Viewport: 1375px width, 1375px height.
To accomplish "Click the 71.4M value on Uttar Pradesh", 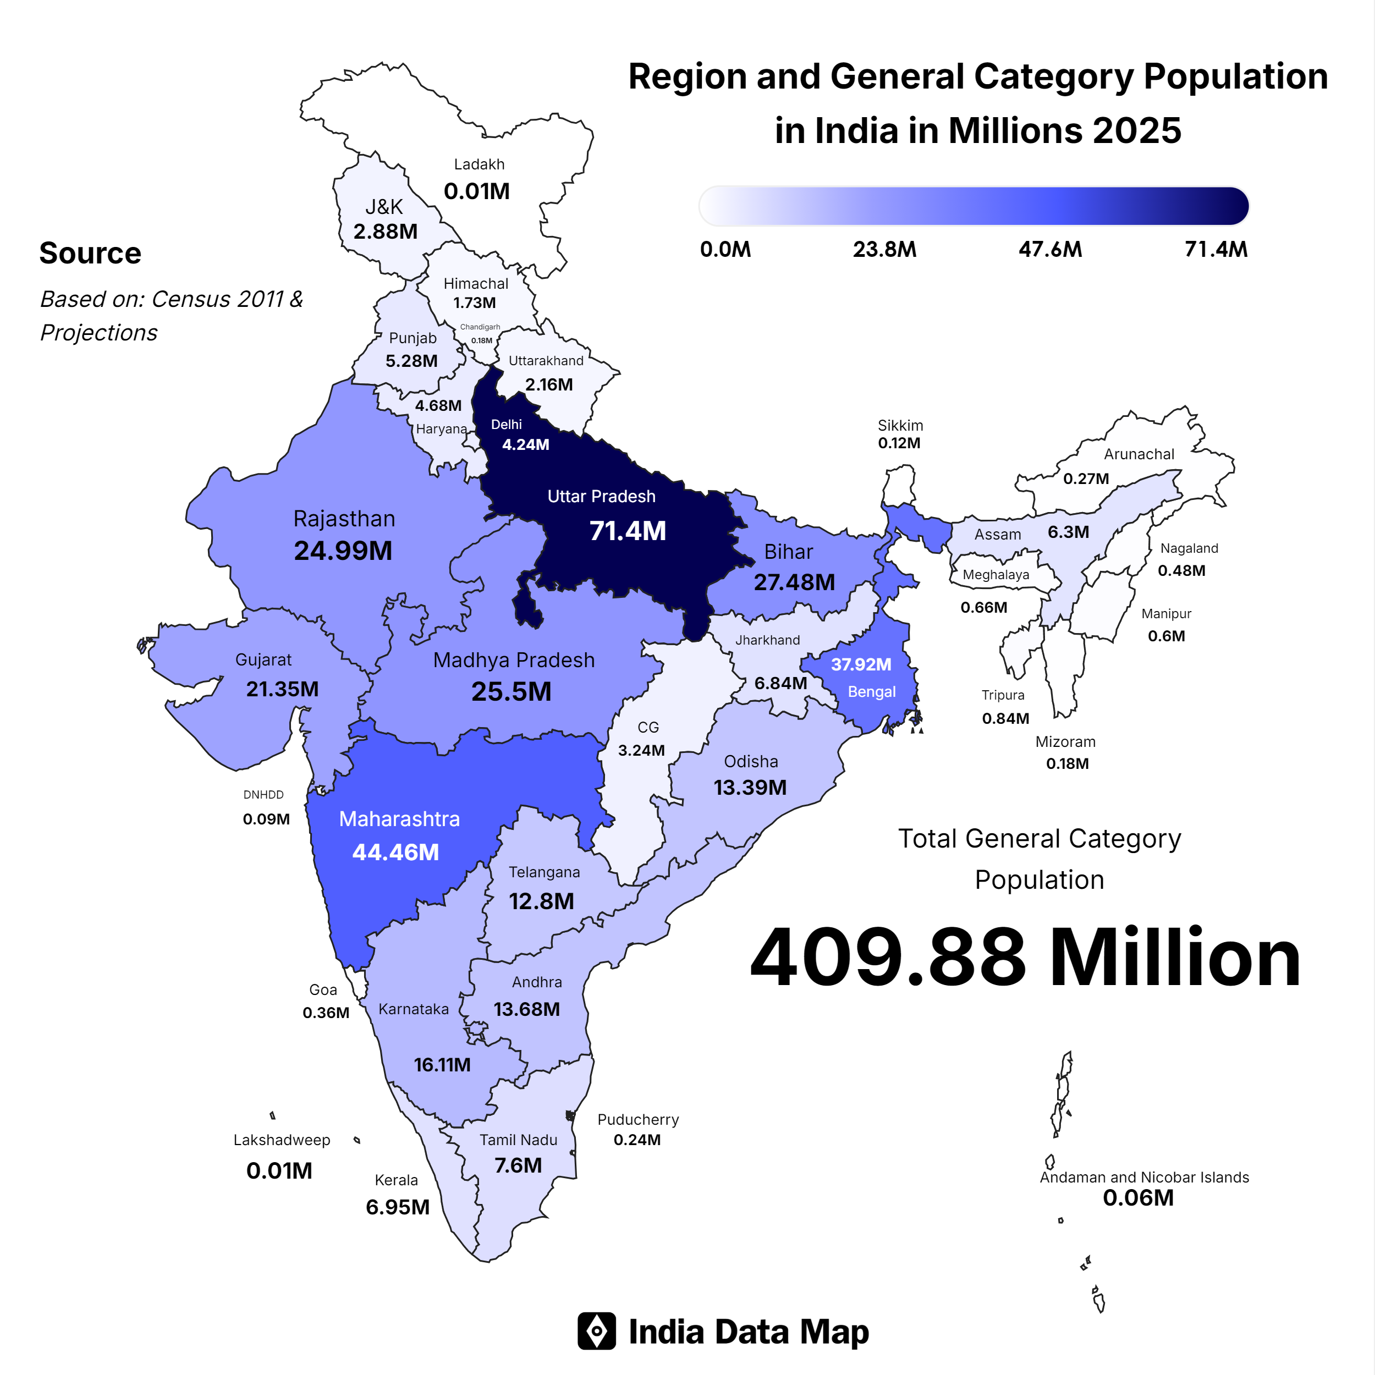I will click(627, 531).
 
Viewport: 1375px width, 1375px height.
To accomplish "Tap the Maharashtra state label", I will click(399, 819).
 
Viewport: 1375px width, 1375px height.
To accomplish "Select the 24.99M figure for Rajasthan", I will click(343, 551).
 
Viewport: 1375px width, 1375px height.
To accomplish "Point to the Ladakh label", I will click(479, 164).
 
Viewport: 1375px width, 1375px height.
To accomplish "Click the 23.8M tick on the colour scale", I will click(884, 250).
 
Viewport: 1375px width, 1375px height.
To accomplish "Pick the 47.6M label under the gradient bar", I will click(1050, 250).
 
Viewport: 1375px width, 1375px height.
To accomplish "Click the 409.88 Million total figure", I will click(1025, 959).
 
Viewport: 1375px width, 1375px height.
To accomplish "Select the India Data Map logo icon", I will click(596, 1331).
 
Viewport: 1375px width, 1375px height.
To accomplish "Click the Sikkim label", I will click(900, 426).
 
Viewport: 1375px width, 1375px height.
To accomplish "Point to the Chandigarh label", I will click(480, 327).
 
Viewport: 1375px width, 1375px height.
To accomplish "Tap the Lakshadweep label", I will click(282, 1140).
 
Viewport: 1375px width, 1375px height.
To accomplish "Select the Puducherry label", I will click(637, 1119).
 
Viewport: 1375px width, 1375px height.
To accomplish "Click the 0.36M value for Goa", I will click(326, 1013).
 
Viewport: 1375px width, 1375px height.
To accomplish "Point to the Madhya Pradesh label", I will click(514, 661).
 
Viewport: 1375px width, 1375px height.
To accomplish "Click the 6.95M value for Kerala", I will click(398, 1207).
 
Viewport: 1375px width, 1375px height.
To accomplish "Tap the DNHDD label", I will click(263, 795).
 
